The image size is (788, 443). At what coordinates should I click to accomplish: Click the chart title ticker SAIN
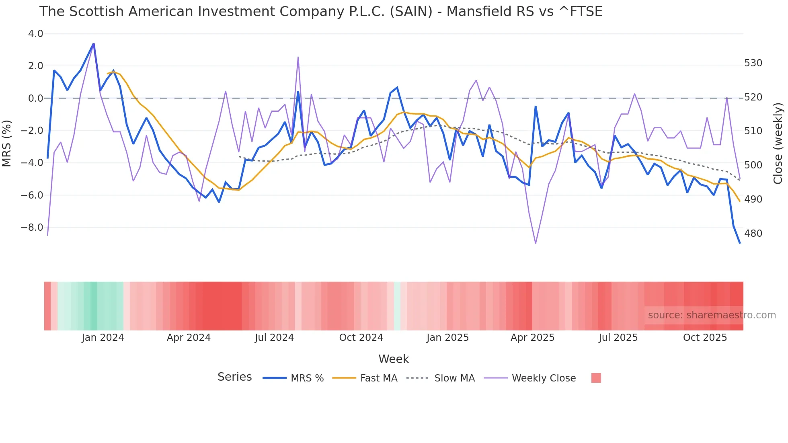pos(411,12)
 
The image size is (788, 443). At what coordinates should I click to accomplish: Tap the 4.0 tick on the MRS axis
pos(35,34)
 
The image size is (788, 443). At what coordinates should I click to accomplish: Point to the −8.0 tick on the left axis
pos(32,228)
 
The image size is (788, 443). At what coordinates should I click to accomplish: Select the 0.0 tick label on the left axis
pos(35,98)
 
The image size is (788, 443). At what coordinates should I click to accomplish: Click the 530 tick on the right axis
pos(753,63)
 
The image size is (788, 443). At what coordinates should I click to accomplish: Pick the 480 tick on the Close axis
pos(753,234)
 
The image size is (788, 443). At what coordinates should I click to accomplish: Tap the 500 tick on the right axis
pos(753,165)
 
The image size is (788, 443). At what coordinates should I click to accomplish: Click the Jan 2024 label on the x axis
pos(103,338)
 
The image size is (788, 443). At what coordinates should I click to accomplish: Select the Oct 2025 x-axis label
pos(705,338)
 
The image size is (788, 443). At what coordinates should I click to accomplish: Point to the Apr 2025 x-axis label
pos(532,338)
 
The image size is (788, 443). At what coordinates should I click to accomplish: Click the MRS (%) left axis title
pos(7,143)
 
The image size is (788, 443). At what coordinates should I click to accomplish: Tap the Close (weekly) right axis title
pos(778,143)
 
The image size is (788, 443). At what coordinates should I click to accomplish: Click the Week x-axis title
pos(394,359)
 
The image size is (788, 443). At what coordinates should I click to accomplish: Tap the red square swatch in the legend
pos(596,378)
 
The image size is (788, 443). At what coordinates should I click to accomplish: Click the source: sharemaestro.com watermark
pos(712,315)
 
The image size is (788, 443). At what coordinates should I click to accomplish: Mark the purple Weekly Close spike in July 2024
pos(298,57)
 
